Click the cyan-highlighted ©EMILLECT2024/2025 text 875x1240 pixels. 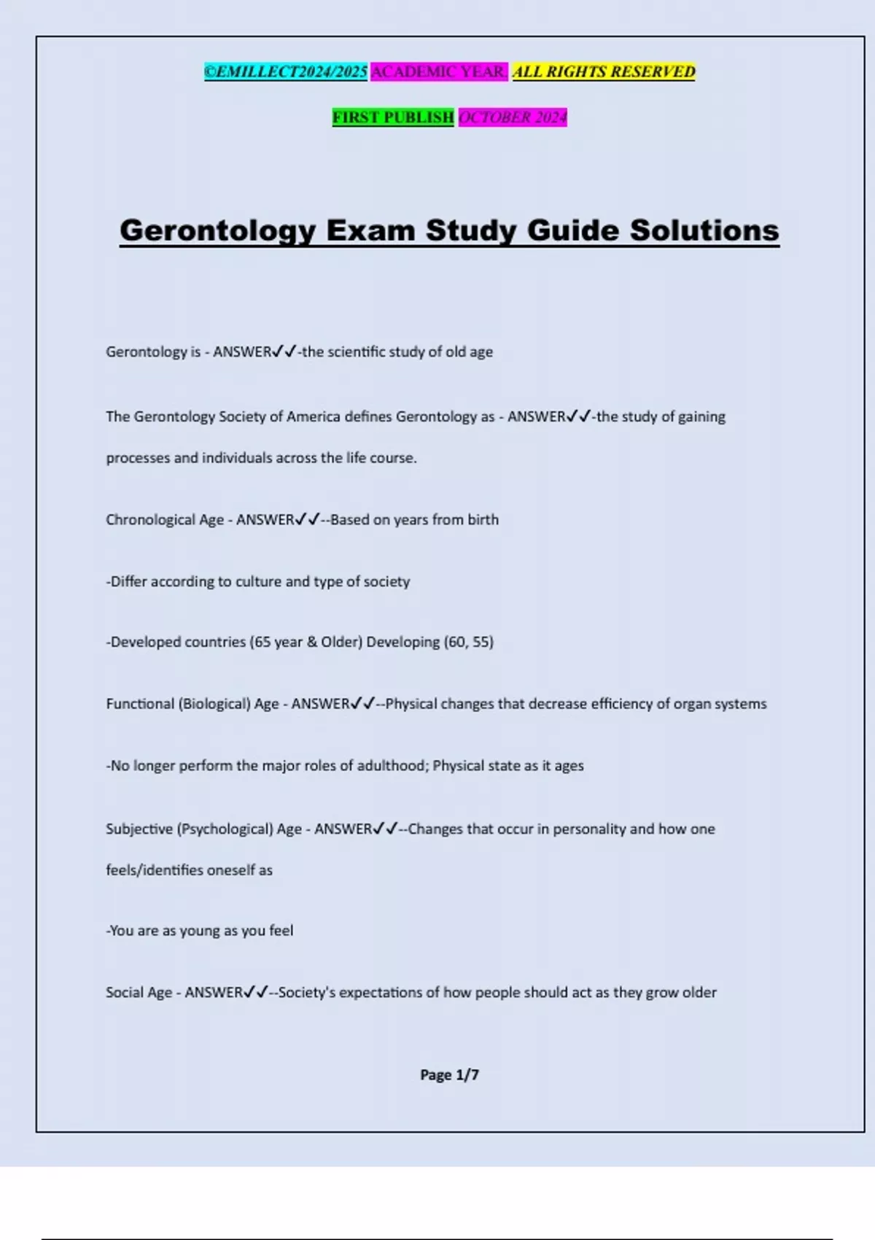coord(286,71)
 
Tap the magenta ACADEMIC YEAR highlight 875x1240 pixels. coord(439,71)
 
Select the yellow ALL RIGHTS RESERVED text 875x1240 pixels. coord(604,71)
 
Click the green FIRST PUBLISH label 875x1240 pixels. coord(393,117)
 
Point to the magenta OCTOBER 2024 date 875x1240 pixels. coord(513,117)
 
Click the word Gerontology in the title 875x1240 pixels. coord(218,230)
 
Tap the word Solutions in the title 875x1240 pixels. coord(704,230)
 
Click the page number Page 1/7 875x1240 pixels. coord(449,1074)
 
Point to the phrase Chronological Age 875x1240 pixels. coord(165,520)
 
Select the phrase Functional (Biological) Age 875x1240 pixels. coord(192,704)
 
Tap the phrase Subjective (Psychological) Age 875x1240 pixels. coord(203,829)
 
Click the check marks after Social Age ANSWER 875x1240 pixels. coord(257,992)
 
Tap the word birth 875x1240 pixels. coord(483,519)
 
